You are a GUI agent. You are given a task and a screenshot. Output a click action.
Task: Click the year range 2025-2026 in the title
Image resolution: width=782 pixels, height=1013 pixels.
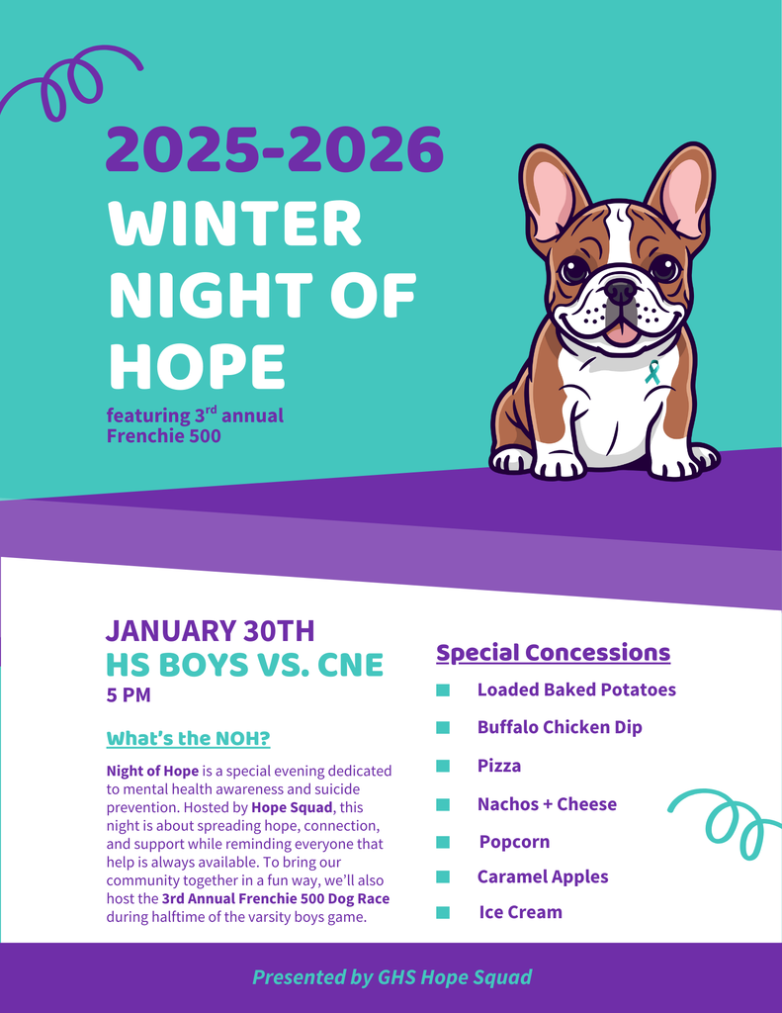click(x=274, y=149)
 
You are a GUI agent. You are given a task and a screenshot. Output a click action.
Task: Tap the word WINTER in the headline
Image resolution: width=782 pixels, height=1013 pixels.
click(x=235, y=225)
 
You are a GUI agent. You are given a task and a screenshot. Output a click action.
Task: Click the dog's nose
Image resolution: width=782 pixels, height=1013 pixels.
click(x=620, y=291)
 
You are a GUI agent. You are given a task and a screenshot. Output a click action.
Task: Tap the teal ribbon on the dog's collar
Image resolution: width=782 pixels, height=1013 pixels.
click(x=652, y=372)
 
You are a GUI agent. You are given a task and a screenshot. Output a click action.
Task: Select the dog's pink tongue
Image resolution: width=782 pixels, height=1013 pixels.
click(x=622, y=332)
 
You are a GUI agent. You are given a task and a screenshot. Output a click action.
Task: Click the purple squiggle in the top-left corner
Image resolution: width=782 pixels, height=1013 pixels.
click(x=69, y=85)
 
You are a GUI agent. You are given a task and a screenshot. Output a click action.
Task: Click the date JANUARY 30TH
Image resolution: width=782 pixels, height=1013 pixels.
click(x=210, y=630)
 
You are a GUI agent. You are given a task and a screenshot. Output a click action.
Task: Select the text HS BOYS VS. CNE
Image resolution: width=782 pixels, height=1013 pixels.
click(x=244, y=665)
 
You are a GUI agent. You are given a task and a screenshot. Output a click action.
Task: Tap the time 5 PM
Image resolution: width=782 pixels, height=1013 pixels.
click(x=129, y=695)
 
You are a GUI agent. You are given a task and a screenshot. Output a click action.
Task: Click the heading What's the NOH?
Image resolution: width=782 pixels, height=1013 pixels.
click(x=188, y=739)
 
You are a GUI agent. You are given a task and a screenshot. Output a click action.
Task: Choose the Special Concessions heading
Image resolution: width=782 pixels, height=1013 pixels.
click(x=553, y=653)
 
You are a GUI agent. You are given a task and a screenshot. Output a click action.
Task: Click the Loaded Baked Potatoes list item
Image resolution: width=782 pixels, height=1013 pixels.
click(x=576, y=690)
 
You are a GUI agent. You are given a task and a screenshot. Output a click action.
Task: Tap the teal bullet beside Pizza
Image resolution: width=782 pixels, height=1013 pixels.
click(x=443, y=766)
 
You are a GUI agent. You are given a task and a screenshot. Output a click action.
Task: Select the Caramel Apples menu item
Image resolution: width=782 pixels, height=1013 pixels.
click(x=543, y=876)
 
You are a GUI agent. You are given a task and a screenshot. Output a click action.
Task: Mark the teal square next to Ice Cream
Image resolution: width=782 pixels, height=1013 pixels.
click(x=443, y=912)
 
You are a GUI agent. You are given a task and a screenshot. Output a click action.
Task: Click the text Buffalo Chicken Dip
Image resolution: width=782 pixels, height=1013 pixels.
click(x=560, y=727)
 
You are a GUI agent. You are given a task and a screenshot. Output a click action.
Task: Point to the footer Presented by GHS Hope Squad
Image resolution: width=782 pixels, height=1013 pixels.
click(x=391, y=977)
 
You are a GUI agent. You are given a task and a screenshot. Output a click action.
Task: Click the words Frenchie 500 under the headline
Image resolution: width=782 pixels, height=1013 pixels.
click(x=164, y=435)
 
